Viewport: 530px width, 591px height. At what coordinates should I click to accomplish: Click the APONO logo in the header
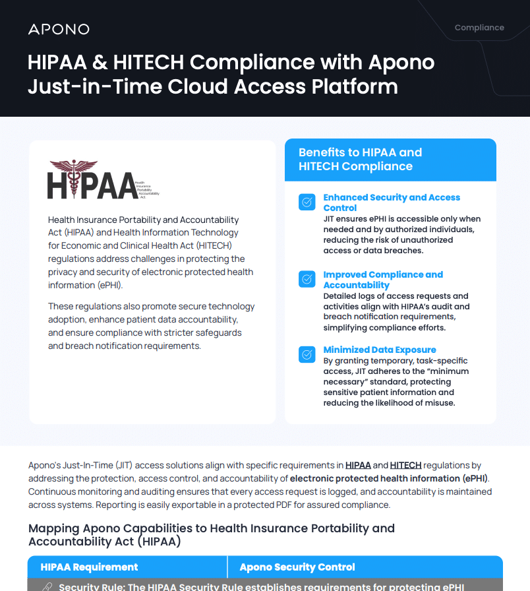[59, 29]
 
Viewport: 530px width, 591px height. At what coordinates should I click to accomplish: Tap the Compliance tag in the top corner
[479, 28]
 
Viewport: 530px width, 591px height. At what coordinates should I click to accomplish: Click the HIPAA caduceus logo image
[103, 179]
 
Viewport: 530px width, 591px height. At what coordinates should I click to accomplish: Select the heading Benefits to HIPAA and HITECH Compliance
[360, 160]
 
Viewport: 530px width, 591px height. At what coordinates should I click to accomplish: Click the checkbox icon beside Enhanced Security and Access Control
[307, 202]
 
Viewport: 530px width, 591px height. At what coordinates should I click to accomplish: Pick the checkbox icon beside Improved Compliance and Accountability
[307, 279]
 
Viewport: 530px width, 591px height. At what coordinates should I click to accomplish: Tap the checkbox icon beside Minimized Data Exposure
[307, 354]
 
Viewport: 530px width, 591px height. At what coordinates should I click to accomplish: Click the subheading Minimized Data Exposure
[379, 350]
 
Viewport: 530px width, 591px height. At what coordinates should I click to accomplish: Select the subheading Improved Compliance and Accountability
[382, 280]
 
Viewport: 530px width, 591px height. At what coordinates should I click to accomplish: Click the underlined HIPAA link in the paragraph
[358, 465]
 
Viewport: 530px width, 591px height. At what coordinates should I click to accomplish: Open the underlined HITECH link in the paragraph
[405, 465]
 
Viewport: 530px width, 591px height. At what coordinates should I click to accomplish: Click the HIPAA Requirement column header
[89, 567]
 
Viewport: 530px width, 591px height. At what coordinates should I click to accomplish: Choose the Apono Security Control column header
[297, 567]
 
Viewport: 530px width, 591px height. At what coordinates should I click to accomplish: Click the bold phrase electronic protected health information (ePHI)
[389, 478]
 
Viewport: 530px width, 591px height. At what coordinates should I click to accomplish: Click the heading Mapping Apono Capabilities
[211, 534]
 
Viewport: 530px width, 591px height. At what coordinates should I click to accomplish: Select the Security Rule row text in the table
[261, 586]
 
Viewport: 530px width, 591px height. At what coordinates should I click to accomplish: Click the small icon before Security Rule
[47, 586]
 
